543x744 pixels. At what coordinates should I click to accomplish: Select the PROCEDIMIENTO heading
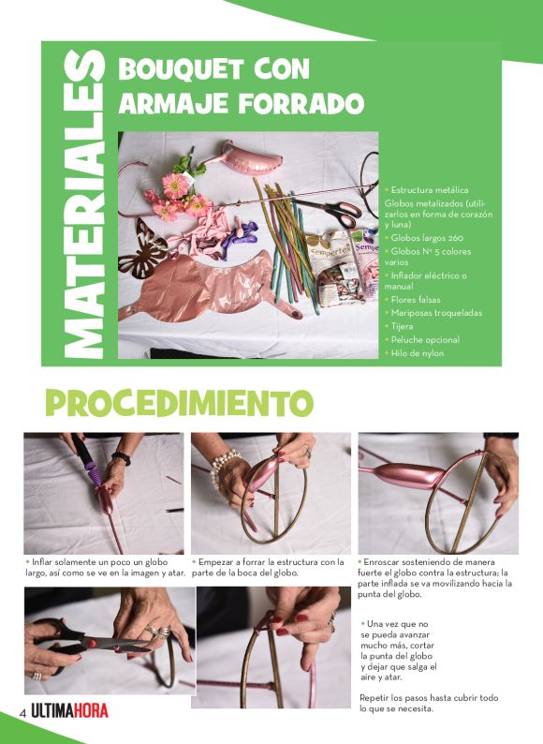pyautogui.click(x=178, y=402)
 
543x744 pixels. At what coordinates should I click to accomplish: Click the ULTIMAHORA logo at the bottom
pyautogui.click(x=69, y=712)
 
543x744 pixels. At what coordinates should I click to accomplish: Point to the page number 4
pyautogui.click(x=22, y=713)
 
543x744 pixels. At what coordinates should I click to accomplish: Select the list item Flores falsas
pyautogui.click(x=422, y=300)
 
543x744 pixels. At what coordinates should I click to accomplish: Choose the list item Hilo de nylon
pyautogui.click(x=418, y=353)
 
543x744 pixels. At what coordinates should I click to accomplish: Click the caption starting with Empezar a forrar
pyautogui.click(x=270, y=567)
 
